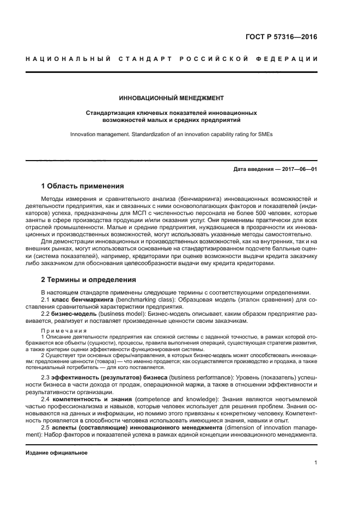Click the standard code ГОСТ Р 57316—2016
pyautogui.click(x=282, y=38)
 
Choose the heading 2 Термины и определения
pyautogui.click(x=89, y=279)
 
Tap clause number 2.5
pyautogui.click(x=46, y=428)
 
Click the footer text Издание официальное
pyautogui.click(x=57, y=452)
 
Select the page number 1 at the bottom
pyautogui.click(x=316, y=463)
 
